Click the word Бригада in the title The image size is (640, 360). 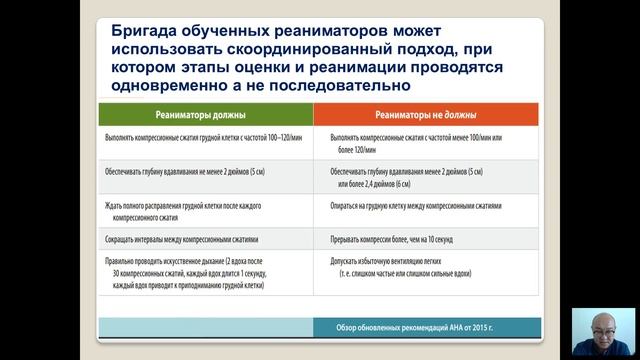coord(146,31)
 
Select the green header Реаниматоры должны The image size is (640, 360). coord(206,115)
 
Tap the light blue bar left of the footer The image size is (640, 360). coord(206,328)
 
